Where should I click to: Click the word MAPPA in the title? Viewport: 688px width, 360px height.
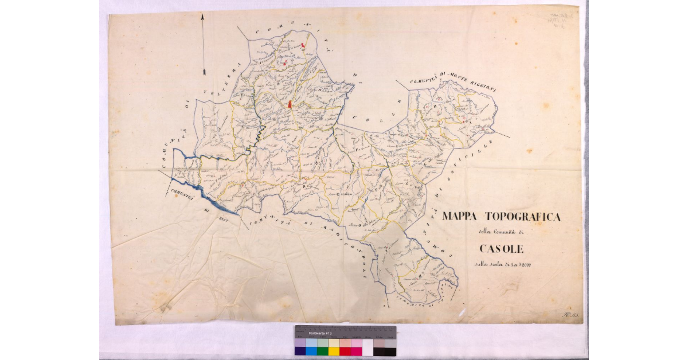pyautogui.click(x=462, y=217)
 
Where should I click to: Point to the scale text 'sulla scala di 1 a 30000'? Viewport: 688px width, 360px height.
pyautogui.click(x=501, y=264)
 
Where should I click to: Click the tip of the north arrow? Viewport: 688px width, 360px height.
pyautogui.click(x=203, y=15)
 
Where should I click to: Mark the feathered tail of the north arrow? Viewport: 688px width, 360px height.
pyautogui.click(x=204, y=71)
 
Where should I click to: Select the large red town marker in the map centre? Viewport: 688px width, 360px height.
pyautogui.click(x=290, y=104)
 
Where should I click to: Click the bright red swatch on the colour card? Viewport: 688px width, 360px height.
pyautogui.click(x=345, y=351)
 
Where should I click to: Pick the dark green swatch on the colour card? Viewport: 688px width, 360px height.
pyautogui.click(x=323, y=351)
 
